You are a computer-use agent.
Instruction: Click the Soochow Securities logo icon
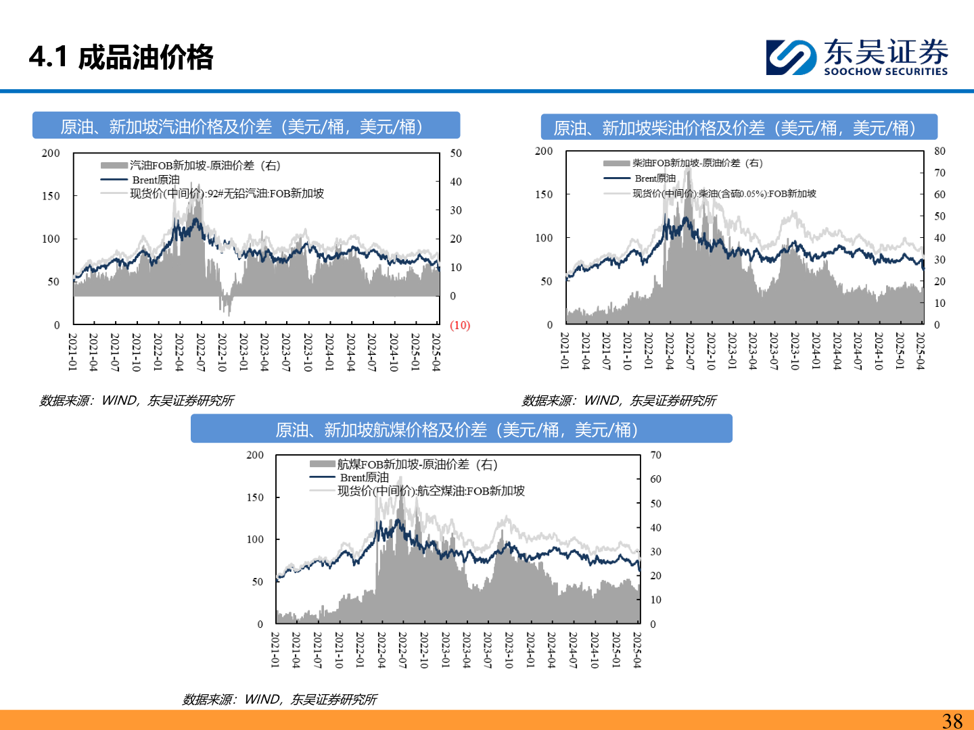coord(791,57)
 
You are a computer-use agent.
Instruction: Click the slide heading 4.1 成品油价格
coord(122,57)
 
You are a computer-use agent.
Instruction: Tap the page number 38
coord(952,721)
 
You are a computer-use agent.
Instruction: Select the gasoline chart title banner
coord(246,126)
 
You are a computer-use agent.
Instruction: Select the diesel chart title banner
coord(739,128)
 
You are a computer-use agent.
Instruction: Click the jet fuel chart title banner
coord(461,430)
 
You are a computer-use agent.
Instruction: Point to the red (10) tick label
coord(460,325)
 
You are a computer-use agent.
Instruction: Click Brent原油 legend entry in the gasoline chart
coord(156,180)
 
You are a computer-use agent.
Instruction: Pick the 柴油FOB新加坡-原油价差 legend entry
coord(697,163)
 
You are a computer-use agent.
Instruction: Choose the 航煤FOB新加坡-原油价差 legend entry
coord(417,464)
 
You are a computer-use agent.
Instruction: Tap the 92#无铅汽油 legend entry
coord(227,194)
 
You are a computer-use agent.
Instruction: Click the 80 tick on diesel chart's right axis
coord(940,151)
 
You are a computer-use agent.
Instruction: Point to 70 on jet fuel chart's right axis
coord(655,456)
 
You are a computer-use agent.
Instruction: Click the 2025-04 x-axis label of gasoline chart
coord(436,351)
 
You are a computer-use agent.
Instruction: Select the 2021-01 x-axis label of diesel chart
coord(565,350)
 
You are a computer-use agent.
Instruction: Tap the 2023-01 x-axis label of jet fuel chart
coord(445,650)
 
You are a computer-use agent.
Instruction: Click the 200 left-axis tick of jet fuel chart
coord(255,456)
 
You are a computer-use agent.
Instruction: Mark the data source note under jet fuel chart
coord(279,700)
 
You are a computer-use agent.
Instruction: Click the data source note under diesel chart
coord(619,401)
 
